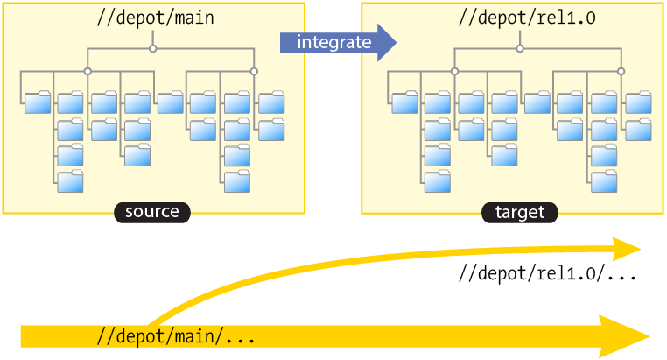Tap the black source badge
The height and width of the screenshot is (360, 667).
click(151, 212)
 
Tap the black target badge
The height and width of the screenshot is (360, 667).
click(519, 212)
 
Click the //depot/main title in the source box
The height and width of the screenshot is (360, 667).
click(152, 17)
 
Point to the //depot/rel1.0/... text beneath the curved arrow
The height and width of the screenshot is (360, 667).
click(547, 273)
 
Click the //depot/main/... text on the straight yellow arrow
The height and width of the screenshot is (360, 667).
click(176, 336)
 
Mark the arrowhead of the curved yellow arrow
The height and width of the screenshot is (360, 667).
click(630, 249)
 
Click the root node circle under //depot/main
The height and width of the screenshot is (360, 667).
click(152, 48)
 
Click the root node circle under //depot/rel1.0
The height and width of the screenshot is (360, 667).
click(520, 48)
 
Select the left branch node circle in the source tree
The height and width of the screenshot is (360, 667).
click(88, 71)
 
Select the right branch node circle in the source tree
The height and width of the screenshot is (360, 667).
click(254, 71)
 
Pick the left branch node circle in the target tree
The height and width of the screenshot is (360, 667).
click(454, 71)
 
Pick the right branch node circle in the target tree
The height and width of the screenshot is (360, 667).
click(621, 71)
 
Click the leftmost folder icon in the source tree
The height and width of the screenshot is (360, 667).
click(38, 102)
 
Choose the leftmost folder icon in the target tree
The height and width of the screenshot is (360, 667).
click(404, 102)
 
